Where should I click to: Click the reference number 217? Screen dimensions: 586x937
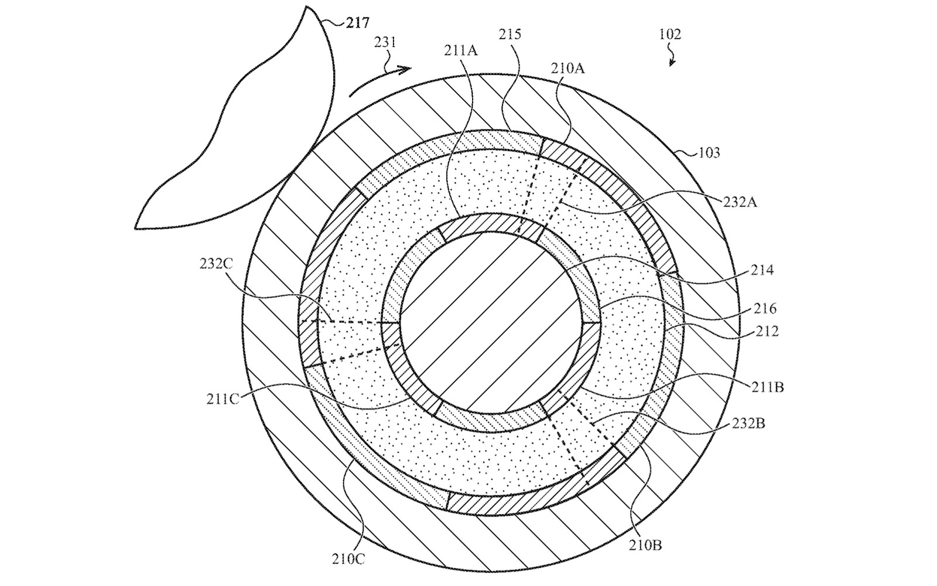coord(358,23)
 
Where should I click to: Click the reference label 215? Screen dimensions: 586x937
coord(509,35)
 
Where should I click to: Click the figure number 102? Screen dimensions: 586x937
coord(670,34)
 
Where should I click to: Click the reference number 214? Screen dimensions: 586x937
coord(762,270)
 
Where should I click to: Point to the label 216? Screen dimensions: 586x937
coord(765,308)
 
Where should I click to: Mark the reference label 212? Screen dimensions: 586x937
coord(767,332)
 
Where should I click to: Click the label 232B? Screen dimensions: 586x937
coord(748,423)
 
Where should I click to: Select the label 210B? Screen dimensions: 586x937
coord(645,545)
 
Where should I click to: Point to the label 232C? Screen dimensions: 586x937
coord(216,263)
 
